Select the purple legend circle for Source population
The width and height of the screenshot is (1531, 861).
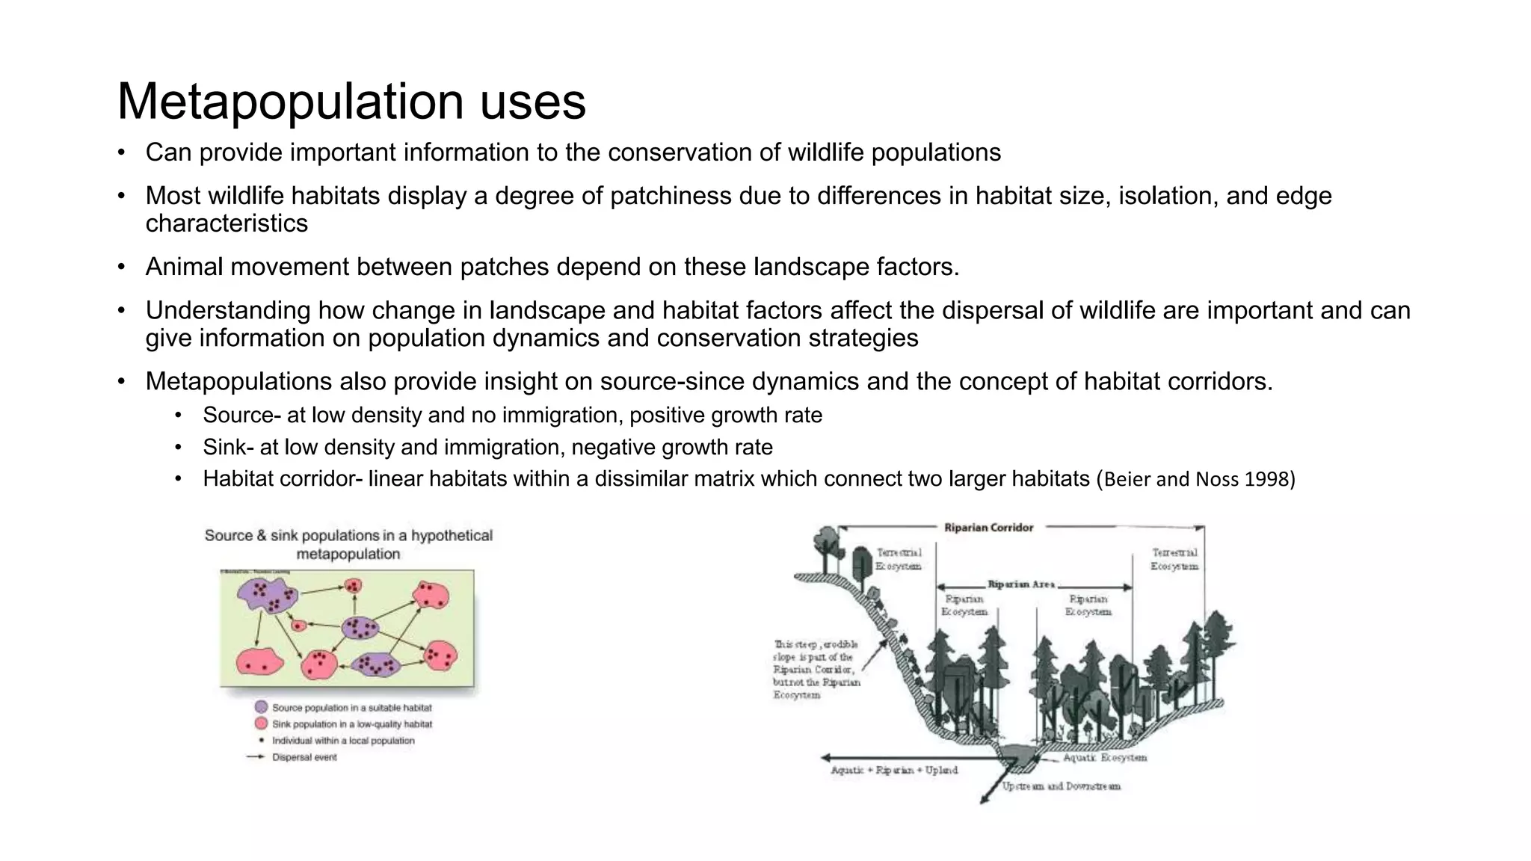(x=261, y=707)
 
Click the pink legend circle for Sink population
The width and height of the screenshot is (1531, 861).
(x=261, y=723)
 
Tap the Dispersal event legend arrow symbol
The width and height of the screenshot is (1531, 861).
(x=256, y=757)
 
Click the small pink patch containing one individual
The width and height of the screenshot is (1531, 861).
(x=298, y=625)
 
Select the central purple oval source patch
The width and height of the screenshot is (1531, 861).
(x=363, y=628)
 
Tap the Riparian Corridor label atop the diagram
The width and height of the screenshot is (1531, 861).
(x=988, y=528)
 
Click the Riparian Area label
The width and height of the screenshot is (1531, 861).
(x=1021, y=584)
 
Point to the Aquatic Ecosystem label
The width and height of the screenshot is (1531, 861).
(x=1104, y=758)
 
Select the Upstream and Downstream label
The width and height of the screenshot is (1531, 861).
(x=1061, y=786)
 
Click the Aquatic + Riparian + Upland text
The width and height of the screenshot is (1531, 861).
(x=894, y=771)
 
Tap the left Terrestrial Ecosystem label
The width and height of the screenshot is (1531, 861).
(x=899, y=559)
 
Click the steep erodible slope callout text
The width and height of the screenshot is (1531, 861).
(x=816, y=670)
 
